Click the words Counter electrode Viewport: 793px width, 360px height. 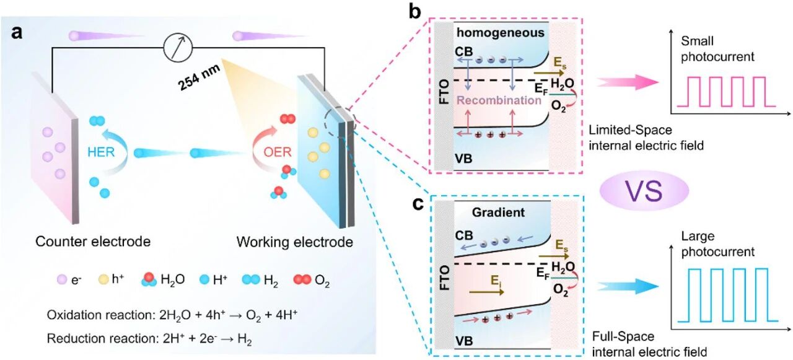(93, 241)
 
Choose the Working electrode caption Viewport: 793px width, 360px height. (295, 242)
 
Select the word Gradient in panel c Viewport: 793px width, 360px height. (498, 212)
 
